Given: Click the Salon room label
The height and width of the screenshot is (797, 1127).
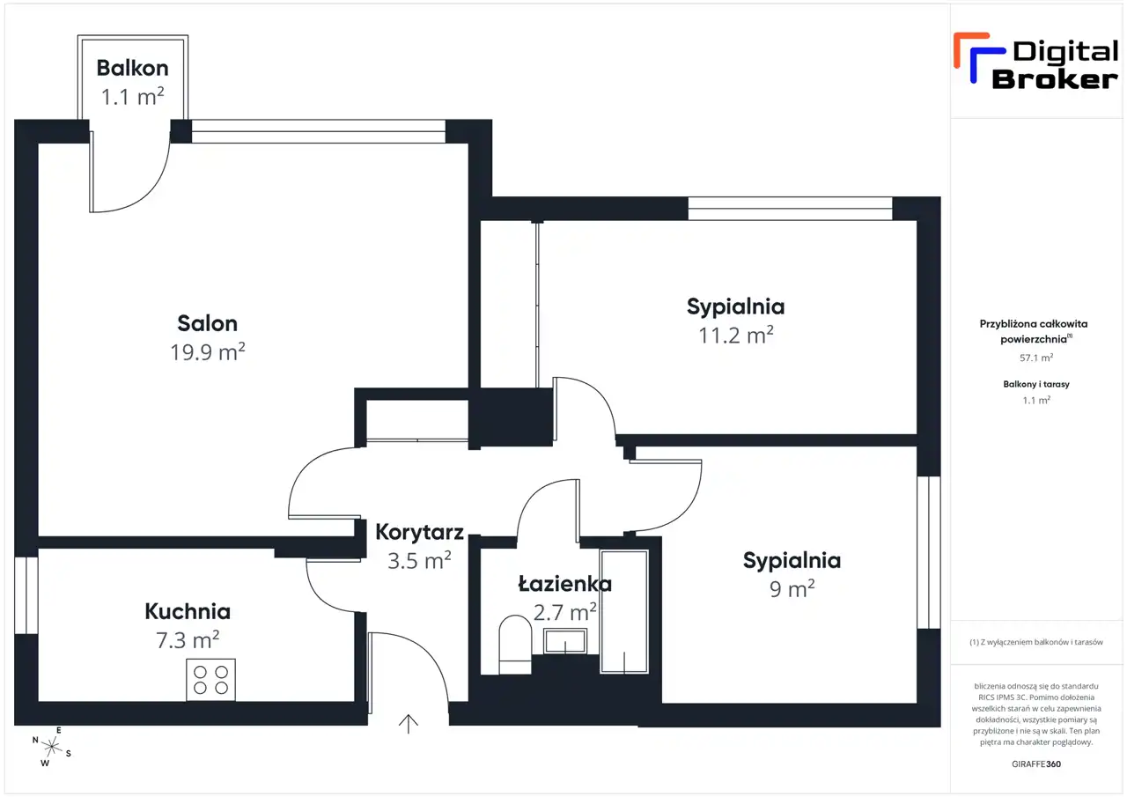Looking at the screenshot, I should coord(207,323).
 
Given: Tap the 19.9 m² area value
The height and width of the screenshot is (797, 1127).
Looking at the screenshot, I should coord(207,352).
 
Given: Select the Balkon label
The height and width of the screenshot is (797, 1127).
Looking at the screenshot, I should coord(133,68).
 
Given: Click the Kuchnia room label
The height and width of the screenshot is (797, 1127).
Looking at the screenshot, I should coord(188,611).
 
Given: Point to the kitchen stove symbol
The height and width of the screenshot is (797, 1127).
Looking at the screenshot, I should coord(210,680).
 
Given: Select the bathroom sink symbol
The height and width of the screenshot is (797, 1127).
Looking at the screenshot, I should coord(567,641).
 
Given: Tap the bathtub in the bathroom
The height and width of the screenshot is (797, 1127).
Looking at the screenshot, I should coord(624,612).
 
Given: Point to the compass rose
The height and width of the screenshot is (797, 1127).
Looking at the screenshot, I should coord(52,747).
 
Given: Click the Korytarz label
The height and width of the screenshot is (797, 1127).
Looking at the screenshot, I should coord(419,532).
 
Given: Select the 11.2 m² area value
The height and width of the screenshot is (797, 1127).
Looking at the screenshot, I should coord(735,336).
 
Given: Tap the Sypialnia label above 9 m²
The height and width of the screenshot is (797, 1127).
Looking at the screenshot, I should coord(792,561).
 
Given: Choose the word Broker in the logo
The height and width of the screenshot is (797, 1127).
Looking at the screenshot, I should coord(1055,79).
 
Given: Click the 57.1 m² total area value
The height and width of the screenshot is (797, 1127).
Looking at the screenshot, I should coord(1036,358).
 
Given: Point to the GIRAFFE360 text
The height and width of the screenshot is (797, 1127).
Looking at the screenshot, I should coord(1036,764).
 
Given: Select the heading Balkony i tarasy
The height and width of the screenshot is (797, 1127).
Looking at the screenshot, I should coord(1036,384).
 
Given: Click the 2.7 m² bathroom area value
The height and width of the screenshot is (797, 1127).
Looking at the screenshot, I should coord(565,610).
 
